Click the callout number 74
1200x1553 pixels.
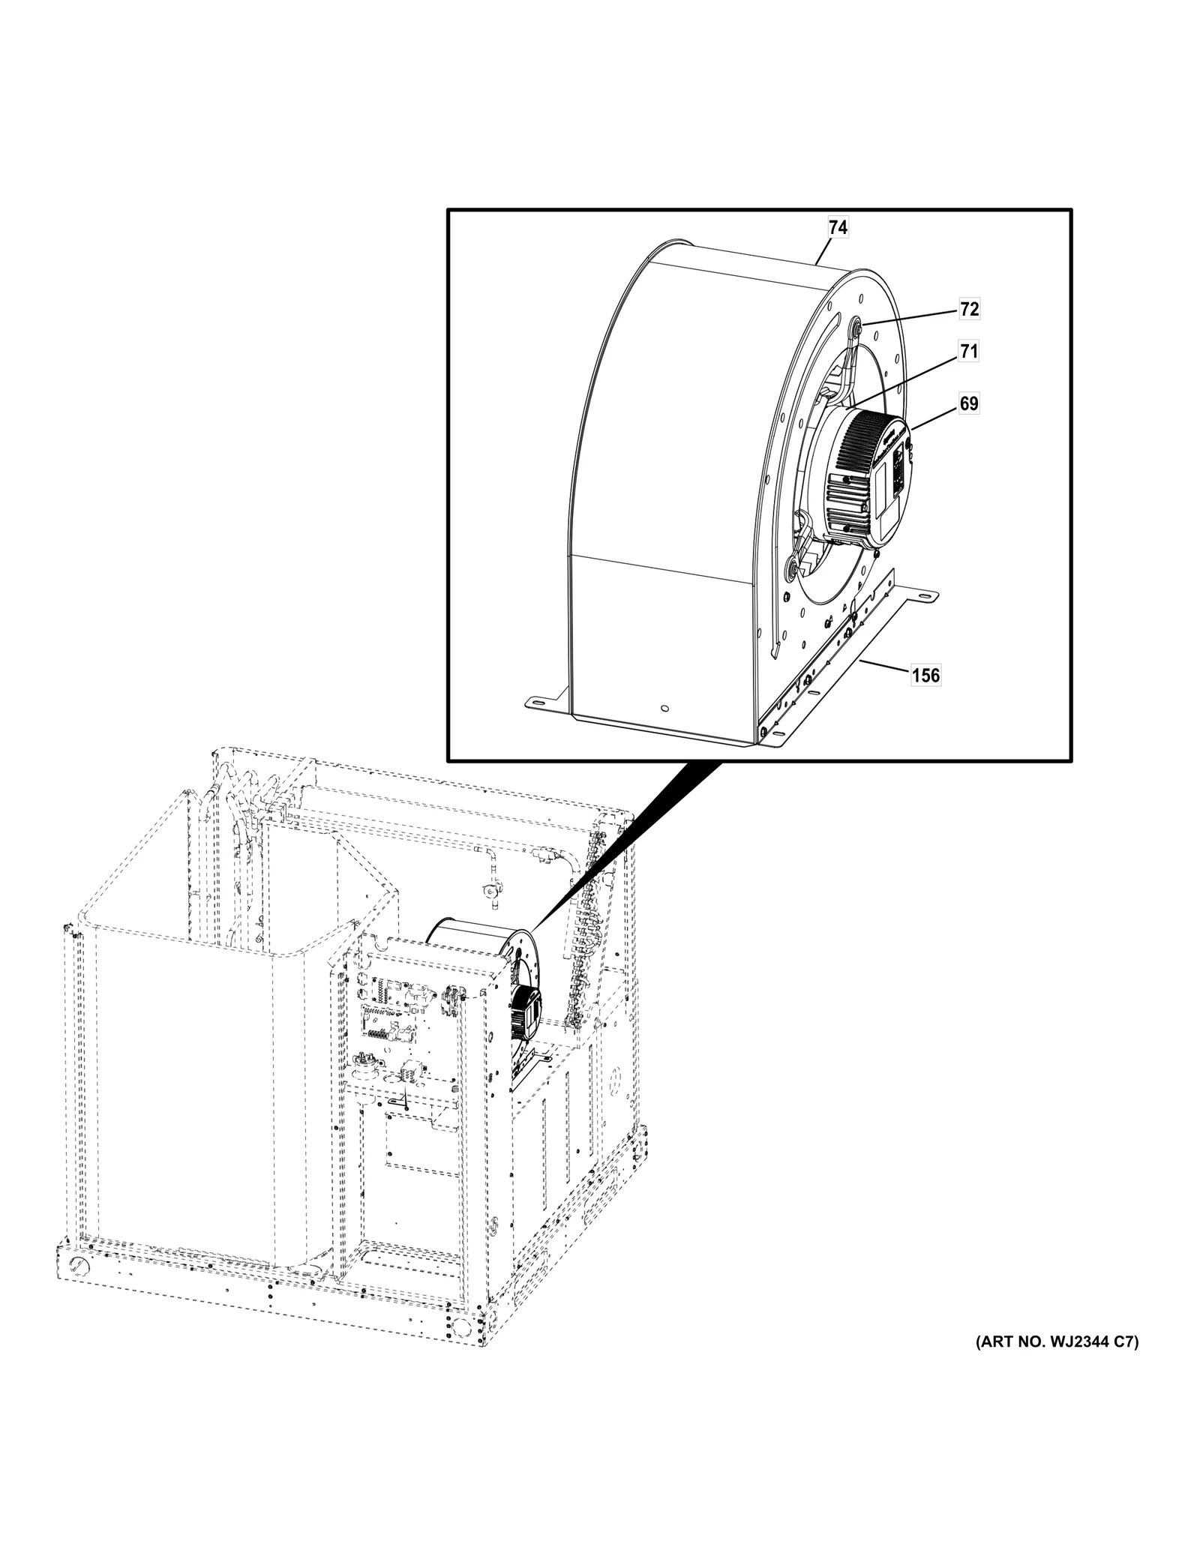click(x=838, y=227)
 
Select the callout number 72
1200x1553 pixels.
click(x=969, y=309)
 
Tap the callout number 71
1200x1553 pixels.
click(x=969, y=351)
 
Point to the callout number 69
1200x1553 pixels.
click(x=969, y=403)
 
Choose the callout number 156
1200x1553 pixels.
click(x=925, y=675)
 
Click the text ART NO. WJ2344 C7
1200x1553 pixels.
click(x=1057, y=1342)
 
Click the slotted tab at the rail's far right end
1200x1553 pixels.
click(x=926, y=596)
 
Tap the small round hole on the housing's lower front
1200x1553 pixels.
click(x=664, y=706)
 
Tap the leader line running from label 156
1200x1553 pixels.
click(x=885, y=667)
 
